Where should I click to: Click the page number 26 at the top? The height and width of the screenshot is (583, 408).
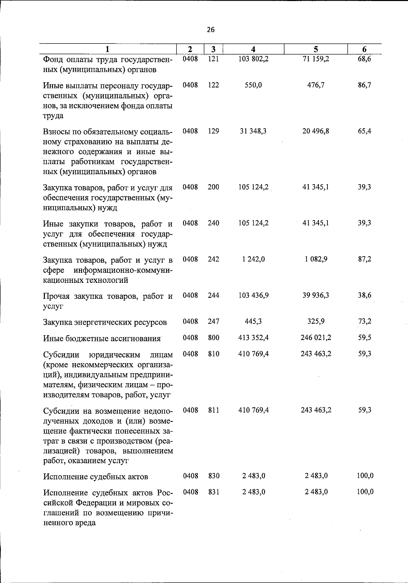click(211, 30)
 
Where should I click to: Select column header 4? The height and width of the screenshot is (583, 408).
click(253, 49)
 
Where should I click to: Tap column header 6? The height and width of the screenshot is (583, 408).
click(364, 49)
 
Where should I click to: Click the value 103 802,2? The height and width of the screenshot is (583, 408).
click(254, 59)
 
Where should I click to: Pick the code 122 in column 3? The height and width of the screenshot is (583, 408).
click(214, 85)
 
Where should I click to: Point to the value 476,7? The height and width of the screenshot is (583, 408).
click(316, 85)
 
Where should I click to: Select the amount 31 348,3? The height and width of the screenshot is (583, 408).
click(253, 131)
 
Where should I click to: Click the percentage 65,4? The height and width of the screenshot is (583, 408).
click(364, 131)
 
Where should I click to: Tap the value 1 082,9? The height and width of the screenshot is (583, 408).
click(316, 259)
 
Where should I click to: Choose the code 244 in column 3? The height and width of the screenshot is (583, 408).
click(214, 295)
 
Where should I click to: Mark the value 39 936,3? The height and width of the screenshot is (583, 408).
click(316, 295)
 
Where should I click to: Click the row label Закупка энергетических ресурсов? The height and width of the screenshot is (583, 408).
click(105, 322)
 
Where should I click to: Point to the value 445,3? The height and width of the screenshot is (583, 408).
click(253, 321)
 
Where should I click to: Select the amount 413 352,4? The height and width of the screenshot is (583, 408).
click(254, 338)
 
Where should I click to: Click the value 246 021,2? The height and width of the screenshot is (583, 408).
click(316, 338)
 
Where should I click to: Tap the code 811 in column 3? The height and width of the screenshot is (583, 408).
click(214, 410)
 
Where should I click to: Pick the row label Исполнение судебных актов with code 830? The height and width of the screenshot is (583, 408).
click(96, 476)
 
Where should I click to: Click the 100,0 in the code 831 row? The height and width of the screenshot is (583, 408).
click(365, 492)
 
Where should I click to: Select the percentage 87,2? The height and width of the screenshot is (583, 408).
click(364, 259)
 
